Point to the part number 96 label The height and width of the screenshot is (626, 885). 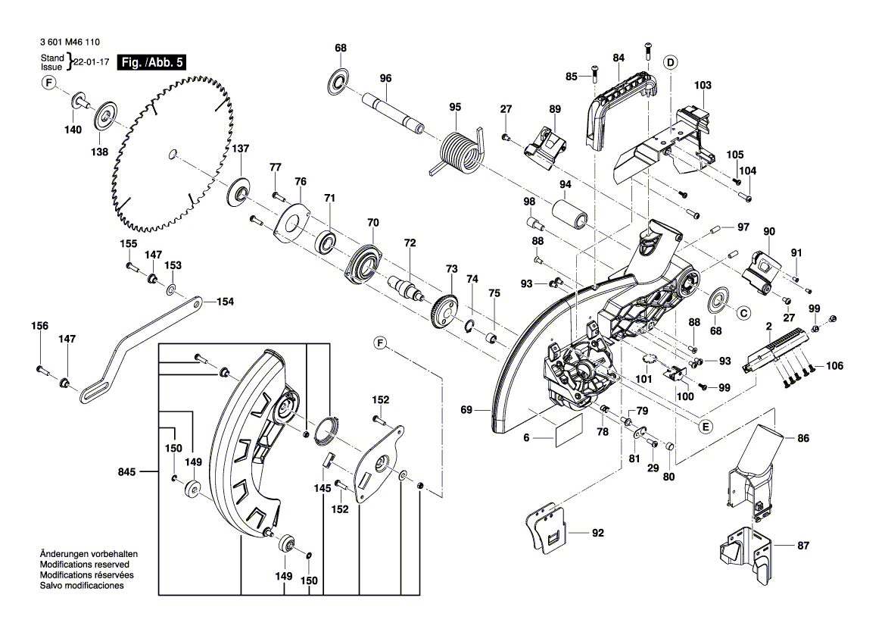(385, 78)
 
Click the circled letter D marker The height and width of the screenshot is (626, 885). (670, 61)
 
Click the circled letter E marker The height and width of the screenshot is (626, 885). (705, 427)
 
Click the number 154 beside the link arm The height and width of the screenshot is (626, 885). (225, 302)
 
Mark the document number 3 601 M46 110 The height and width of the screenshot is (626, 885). (67, 45)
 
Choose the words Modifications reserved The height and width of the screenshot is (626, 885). (83, 565)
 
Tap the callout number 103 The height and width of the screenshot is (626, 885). (703, 86)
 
